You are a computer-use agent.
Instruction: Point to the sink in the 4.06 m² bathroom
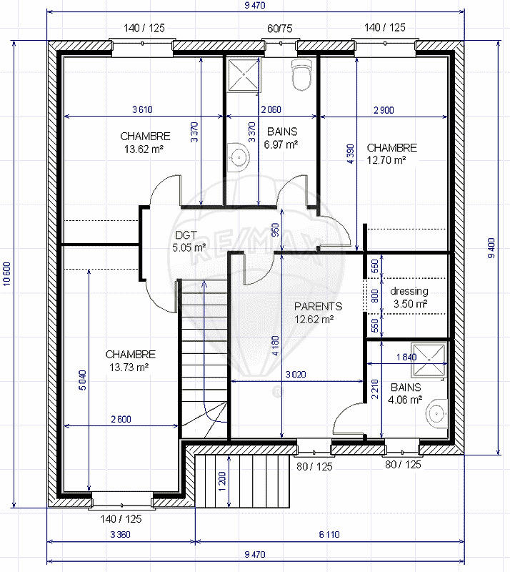(x=434, y=414)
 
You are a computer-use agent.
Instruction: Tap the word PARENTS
(x=318, y=306)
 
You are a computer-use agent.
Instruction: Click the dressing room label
(x=409, y=291)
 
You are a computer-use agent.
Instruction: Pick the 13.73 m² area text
(x=130, y=368)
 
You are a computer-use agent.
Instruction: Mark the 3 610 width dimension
(x=143, y=109)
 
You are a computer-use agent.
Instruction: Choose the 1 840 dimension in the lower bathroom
(x=404, y=357)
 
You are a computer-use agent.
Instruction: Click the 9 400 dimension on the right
(x=491, y=247)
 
